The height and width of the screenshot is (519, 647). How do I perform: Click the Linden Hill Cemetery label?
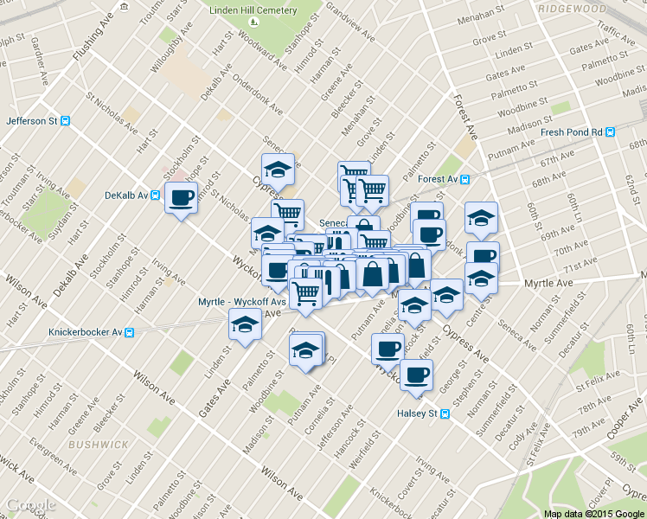point(253,11)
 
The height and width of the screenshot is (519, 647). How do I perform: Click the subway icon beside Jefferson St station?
point(66,121)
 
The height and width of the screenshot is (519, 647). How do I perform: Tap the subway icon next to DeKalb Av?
point(155,195)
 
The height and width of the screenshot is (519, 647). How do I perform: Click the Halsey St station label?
point(418,413)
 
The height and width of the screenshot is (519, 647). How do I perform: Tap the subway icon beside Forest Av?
point(465,180)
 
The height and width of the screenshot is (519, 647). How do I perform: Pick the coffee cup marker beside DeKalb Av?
point(181,198)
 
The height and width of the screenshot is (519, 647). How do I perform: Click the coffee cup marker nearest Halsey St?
point(416,375)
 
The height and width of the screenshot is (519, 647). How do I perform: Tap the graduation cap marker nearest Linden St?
point(245,325)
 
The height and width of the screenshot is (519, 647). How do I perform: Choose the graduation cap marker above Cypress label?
point(278,169)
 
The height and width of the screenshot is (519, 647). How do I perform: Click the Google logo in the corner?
point(31,505)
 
